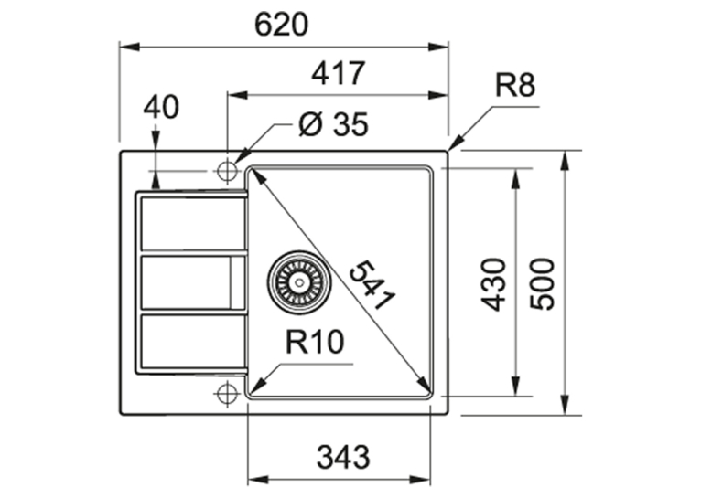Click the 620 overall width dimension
(281, 25)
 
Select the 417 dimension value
(339, 74)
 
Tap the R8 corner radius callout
(515, 85)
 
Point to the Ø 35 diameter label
(333, 124)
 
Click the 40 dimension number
(161, 107)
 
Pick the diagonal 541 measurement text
(372, 286)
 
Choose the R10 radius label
(315, 343)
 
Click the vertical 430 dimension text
(493, 284)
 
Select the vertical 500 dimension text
(542, 284)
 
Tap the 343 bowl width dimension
(343, 458)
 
